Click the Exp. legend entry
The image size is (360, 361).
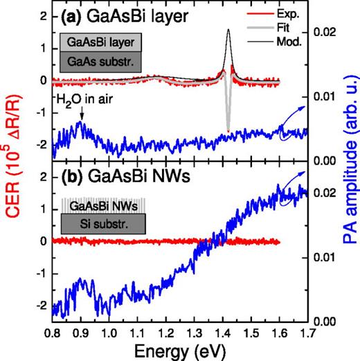coord(276,12)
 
